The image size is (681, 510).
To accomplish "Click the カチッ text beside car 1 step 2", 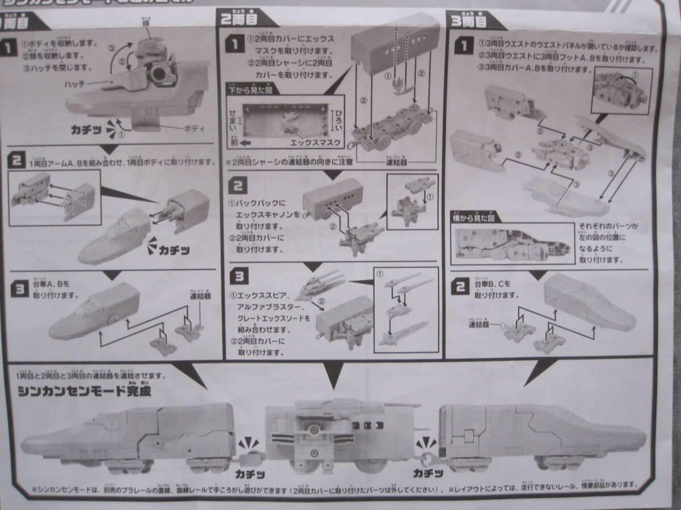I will (x=176, y=249).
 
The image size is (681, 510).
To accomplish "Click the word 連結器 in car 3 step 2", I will (x=478, y=324).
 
